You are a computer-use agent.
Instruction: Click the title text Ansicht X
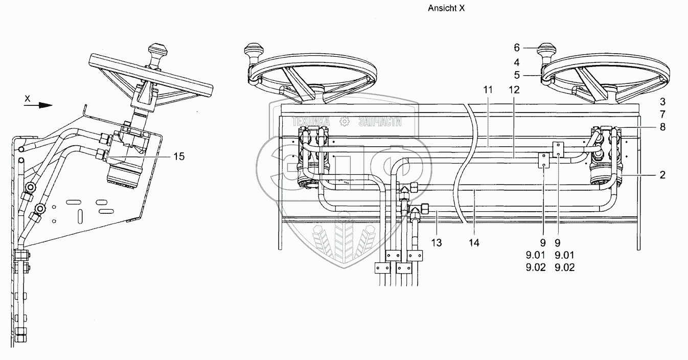click(x=446, y=8)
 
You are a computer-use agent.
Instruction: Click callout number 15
click(x=178, y=156)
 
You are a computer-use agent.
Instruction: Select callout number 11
click(x=488, y=89)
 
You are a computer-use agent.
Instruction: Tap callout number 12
click(x=514, y=89)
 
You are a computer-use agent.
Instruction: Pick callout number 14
click(x=474, y=242)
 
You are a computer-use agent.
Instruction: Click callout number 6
click(x=517, y=48)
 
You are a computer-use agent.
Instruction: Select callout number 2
click(x=662, y=175)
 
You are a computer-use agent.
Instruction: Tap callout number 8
click(x=662, y=127)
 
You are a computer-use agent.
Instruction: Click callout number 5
click(x=517, y=75)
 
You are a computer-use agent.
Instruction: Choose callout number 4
click(x=517, y=62)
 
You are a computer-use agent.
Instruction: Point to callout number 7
click(x=662, y=115)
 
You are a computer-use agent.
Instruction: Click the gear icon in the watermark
click(x=344, y=121)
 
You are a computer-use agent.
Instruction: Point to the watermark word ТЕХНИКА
click(x=310, y=121)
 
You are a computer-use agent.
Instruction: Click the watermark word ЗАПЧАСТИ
click(x=380, y=121)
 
